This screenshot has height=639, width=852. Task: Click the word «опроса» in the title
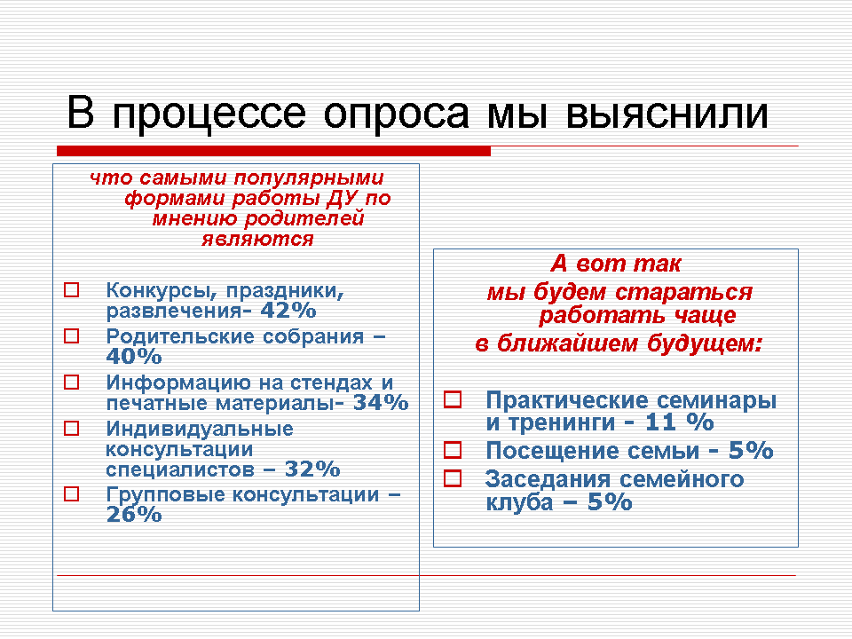[x=396, y=114]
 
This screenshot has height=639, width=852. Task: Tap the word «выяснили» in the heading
[x=667, y=114]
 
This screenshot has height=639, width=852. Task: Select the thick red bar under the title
[x=274, y=151]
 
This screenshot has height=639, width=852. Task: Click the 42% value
[x=288, y=311]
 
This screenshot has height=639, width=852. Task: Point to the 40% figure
[x=134, y=357]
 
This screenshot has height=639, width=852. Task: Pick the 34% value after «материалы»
[x=381, y=403]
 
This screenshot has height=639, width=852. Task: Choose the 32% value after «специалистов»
[x=312, y=469]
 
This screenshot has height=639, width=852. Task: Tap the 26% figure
[x=134, y=514]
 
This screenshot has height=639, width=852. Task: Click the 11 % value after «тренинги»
[x=679, y=422]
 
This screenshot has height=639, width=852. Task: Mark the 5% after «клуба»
[x=610, y=502]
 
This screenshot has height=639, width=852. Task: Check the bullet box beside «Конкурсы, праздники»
[x=72, y=289]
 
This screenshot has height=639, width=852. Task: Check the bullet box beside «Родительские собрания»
[x=72, y=335]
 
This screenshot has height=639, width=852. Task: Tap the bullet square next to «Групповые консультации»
[x=72, y=493]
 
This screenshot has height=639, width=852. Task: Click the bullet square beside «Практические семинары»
[x=453, y=399]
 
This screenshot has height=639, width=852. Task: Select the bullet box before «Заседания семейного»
[x=453, y=478]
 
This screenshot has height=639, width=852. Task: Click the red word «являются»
[x=257, y=239]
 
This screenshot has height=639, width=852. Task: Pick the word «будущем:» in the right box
[x=706, y=343]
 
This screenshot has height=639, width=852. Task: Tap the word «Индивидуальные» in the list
[x=200, y=430]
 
